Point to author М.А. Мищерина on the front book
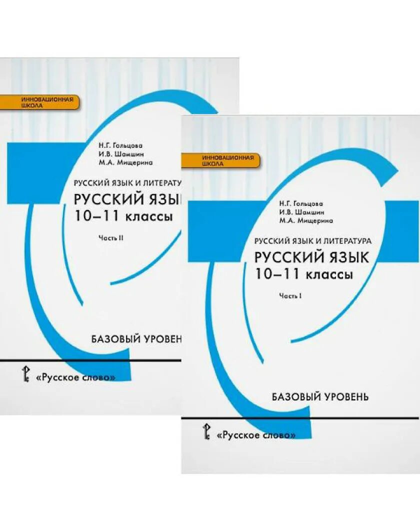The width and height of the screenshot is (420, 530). click(306, 220)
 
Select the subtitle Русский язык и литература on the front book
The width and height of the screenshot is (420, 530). click(312, 240)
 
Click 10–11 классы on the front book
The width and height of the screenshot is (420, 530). click(303, 274)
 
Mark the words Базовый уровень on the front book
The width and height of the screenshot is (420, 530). click(320, 397)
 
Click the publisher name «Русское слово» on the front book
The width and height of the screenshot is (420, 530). click(256, 435)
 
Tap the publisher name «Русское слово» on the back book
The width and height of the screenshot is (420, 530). click(75, 377)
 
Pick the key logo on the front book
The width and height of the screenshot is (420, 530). click(205, 431)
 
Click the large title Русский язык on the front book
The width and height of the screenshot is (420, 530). click(311, 257)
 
